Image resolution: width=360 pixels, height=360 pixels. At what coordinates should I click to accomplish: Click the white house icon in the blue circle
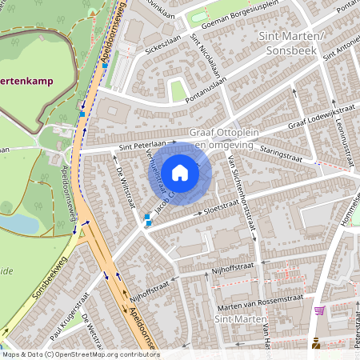point(180,172)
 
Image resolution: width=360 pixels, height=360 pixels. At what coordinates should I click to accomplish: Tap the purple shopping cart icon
point(320,310)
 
